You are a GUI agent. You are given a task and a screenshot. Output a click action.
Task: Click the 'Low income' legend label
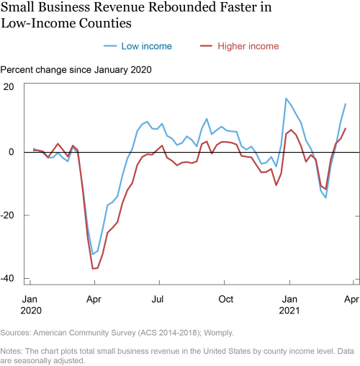pyautogui.click(x=146, y=46)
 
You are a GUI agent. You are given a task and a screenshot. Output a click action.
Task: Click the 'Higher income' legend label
pyautogui.click(x=248, y=46)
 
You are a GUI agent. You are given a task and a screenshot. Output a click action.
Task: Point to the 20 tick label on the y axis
pyautogui.click(x=9, y=87)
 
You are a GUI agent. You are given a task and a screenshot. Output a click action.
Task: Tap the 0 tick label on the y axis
pyautogui.click(x=12, y=152)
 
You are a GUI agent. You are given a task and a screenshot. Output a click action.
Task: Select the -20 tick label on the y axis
pyautogui.click(x=7, y=215)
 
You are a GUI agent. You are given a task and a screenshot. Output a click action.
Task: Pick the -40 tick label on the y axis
pyautogui.click(x=7, y=279)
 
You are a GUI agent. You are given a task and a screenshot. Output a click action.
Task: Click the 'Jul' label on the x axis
pyautogui.click(x=158, y=299)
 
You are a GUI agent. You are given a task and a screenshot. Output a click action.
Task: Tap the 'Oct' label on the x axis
pyautogui.click(x=225, y=299)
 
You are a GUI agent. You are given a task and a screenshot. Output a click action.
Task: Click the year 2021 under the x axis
pyautogui.click(x=289, y=311)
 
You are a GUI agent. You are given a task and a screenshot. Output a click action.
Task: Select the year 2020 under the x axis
pyautogui.click(x=31, y=311)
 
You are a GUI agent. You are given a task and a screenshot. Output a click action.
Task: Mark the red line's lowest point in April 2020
pyautogui.click(x=93, y=269)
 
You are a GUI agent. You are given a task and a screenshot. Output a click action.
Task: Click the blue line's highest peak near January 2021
pyautogui.click(x=286, y=98)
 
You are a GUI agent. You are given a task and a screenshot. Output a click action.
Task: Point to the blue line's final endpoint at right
pyautogui.click(x=346, y=104)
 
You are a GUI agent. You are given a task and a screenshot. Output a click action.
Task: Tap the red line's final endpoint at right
pyautogui.click(x=346, y=128)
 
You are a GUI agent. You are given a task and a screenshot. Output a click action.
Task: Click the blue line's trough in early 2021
pyautogui.click(x=325, y=198)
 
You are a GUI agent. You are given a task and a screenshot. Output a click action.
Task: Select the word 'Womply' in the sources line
pyautogui.click(x=219, y=333)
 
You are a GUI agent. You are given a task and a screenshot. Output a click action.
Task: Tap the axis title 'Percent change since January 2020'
pyautogui.click(x=76, y=70)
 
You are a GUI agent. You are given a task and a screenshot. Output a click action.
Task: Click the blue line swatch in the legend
pyautogui.click(x=110, y=46)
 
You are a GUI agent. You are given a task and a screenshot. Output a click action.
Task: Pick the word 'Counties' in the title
pyautogui.click(x=105, y=23)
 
